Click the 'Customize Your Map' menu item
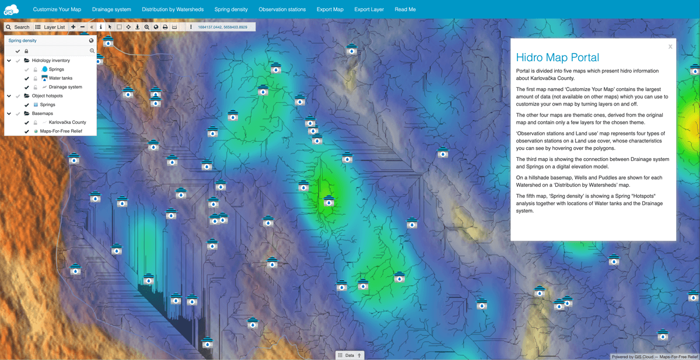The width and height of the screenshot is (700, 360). (57, 9)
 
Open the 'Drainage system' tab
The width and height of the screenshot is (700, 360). (111, 9)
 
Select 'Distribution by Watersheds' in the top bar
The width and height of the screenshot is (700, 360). (173, 9)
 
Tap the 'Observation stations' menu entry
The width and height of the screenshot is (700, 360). (282, 9)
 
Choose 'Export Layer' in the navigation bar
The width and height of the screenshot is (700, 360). (369, 9)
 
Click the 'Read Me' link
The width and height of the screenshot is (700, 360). (405, 9)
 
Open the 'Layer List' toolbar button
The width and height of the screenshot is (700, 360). (50, 27)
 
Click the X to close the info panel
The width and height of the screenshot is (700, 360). (670, 47)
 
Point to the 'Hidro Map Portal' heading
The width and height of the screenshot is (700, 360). (557, 58)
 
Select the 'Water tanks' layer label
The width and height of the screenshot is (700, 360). (61, 78)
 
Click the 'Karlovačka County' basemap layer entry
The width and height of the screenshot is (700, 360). (67, 123)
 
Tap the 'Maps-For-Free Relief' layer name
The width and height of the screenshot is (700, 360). (61, 131)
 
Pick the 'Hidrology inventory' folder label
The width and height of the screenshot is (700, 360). (51, 61)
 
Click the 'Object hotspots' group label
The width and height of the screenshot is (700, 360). (47, 96)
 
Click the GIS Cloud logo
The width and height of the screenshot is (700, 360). (11, 9)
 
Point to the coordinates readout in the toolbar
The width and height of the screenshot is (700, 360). (222, 27)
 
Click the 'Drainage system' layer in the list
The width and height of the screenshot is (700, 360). (65, 87)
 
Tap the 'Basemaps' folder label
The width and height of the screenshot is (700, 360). (43, 114)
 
